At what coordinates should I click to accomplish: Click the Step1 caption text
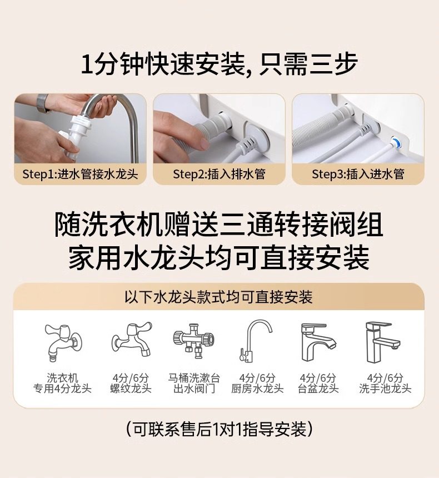80,174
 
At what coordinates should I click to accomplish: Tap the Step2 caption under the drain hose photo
219,174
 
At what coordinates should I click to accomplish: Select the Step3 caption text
358,174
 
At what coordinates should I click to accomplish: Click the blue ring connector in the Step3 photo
396,141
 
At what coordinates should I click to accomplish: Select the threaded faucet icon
131,339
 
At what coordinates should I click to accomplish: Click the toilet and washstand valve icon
194,340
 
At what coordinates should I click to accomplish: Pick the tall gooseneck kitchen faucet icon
256,341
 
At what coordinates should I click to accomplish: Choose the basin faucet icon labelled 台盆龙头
318,342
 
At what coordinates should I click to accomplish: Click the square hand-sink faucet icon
383,342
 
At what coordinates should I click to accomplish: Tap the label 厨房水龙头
257,389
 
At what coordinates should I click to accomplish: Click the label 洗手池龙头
385,389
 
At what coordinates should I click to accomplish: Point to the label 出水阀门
194,389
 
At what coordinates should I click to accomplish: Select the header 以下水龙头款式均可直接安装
218,297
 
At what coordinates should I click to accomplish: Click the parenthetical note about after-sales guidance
219,429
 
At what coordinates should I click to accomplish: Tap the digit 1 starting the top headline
87,64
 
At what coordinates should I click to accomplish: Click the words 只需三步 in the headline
308,64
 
